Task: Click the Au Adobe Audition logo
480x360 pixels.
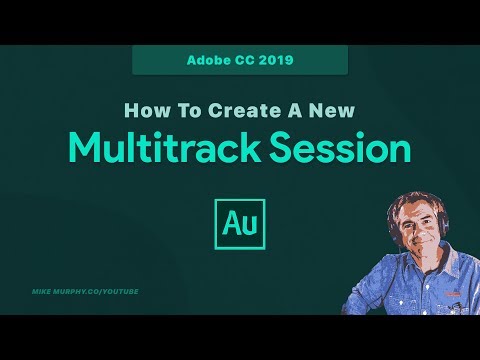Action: click(240, 220)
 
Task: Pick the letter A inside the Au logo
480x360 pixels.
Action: click(231, 221)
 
